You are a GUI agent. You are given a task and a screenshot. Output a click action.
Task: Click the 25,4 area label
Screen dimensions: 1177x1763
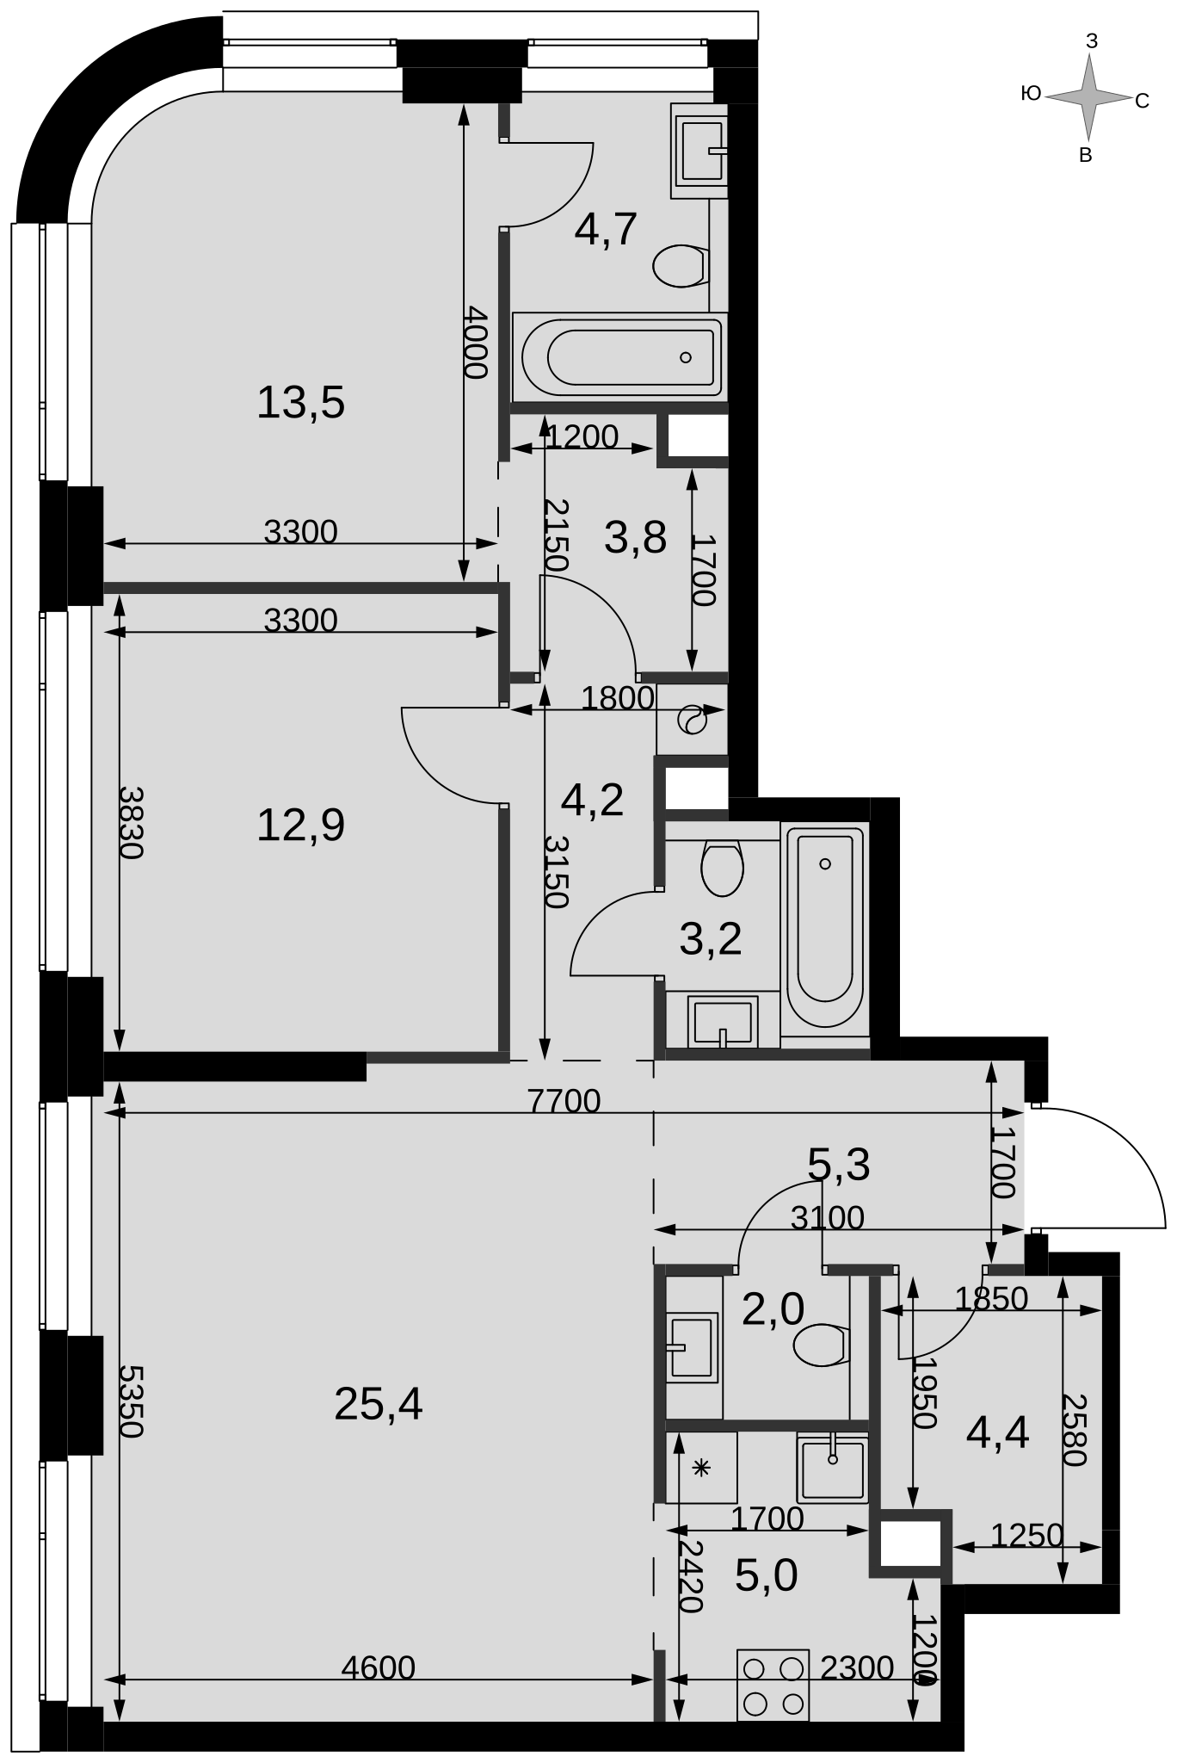click(x=378, y=1406)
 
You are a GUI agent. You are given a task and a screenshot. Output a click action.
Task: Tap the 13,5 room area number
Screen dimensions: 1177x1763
click(x=300, y=402)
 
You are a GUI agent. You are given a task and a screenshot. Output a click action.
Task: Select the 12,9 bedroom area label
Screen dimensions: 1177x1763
click(x=300, y=825)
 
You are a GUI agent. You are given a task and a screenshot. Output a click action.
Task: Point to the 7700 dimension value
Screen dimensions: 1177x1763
click(x=564, y=1100)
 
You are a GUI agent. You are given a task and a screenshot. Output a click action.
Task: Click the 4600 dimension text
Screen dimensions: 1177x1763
click(x=379, y=1667)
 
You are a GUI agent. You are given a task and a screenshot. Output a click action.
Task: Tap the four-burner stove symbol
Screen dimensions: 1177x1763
click(x=773, y=1685)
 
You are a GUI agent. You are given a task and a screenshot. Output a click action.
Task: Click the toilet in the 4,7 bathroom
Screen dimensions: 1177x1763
click(x=681, y=266)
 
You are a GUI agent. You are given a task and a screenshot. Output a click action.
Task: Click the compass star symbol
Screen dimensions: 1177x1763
click(x=1089, y=97)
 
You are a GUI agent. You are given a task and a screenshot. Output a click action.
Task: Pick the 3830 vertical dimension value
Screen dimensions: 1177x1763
click(x=131, y=822)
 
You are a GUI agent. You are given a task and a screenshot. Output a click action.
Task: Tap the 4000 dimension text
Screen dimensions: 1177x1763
click(x=475, y=343)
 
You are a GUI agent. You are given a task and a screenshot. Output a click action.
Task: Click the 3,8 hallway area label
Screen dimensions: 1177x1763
click(x=636, y=539)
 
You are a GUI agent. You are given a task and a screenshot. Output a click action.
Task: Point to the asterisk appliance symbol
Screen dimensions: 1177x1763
click(x=701, y=1469)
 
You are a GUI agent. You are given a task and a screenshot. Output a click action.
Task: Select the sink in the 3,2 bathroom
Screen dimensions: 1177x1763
click(x=723, y=1021)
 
